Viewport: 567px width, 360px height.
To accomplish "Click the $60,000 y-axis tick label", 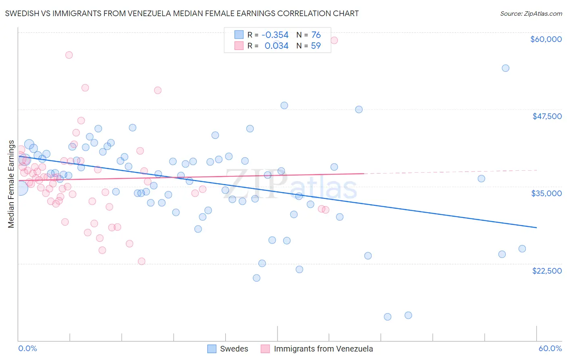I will tap(546, 39).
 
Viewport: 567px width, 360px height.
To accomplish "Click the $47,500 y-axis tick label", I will tap(547, 116).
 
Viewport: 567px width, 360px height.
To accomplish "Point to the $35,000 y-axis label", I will tap(546, 193).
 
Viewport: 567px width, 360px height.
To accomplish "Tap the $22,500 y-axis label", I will tap(547, 271).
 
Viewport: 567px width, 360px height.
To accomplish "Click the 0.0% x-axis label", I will tap(27, 348).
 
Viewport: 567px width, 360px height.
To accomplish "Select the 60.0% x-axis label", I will tap(550, 348).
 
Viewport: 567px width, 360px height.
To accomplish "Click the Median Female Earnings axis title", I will tap(11, 184).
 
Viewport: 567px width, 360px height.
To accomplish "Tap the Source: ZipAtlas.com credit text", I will tap(531, 13).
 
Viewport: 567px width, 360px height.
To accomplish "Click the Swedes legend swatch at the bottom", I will tap(212, 349).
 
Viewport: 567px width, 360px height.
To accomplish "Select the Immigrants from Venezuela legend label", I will tap(323, 349).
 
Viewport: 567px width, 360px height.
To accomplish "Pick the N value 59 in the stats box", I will tap(316, 46).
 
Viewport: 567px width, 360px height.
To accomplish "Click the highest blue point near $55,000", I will tap(505, 68).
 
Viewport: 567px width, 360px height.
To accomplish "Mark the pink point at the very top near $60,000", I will tap(334, 40).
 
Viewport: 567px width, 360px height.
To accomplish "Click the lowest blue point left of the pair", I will tap(388, 317).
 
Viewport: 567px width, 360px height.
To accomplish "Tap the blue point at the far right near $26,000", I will tap(522, 249).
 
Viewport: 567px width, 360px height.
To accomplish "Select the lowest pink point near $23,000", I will tap(142, 261).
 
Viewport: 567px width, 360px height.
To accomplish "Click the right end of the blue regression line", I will tap(536, 228).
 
